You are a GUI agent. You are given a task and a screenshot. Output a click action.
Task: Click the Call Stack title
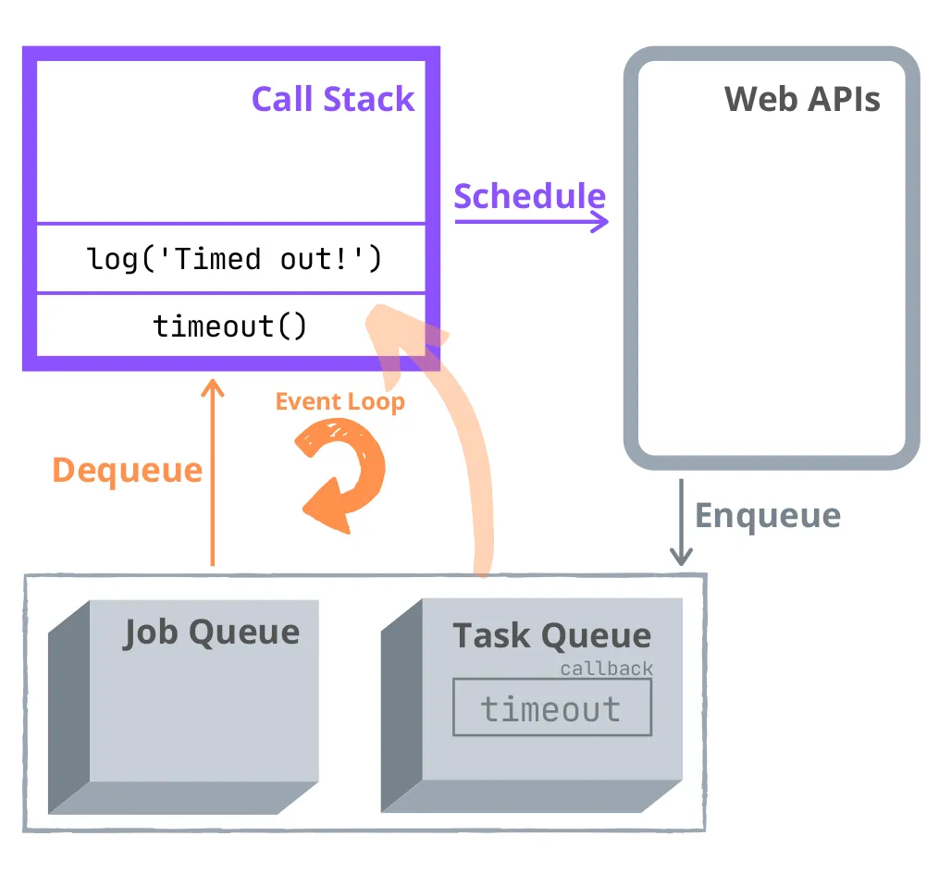click(x=333, y=100)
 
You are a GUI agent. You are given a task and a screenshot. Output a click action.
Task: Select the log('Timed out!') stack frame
click(x=235, y=259)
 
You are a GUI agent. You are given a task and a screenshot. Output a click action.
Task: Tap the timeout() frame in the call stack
click(x=229, y=326)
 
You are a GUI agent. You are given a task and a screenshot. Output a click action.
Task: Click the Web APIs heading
click(x=801, y=99)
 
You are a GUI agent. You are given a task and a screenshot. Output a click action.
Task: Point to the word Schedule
click(x=529, y=196)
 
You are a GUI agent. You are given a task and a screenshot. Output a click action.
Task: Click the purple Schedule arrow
click(x=531, y=221)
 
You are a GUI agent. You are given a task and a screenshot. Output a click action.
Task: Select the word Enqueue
click(x=767, y=515)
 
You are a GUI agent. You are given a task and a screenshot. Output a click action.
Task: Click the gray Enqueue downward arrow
click(x=681, y=522)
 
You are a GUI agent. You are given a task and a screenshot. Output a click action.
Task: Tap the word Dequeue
click(x=127, y=470)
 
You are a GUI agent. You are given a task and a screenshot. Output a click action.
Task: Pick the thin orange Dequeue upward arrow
click(x=213, y=472)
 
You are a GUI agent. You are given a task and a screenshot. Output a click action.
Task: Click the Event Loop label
click(x=340, y=402)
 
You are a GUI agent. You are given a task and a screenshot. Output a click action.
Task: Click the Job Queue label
click(x=212, y=633)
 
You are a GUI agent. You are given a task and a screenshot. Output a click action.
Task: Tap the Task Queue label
click(x=551, y=635)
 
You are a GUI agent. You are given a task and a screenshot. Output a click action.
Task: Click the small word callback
click(x=606, y=669)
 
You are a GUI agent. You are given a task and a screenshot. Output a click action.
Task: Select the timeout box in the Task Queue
click(x=551, y=708)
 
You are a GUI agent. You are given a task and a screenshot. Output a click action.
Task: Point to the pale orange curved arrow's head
click(x=402, y=333)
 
